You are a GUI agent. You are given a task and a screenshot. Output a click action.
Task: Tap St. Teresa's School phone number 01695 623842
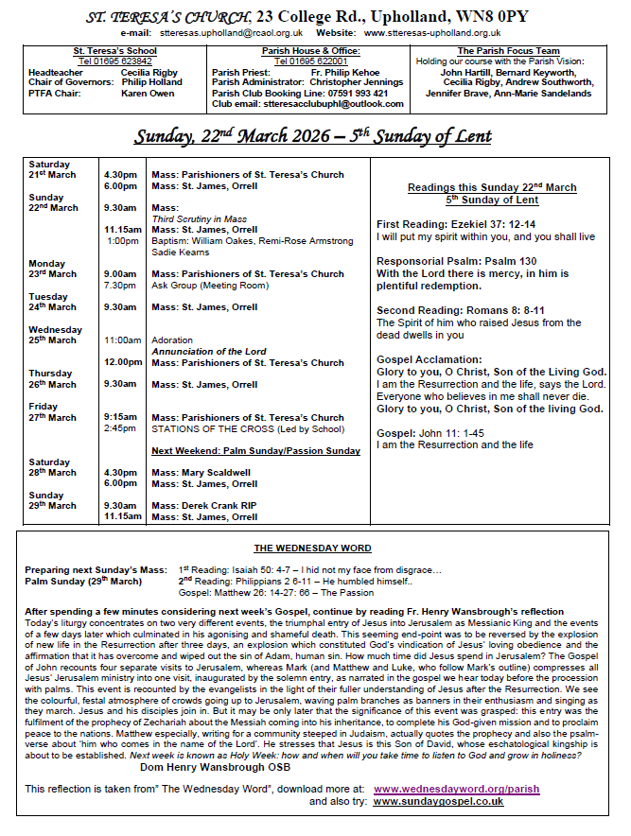116,61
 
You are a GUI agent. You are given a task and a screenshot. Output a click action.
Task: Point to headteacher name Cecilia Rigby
151,71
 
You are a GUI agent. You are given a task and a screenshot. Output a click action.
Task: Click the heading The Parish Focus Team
508,51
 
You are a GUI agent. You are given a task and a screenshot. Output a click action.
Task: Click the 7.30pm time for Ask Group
121,285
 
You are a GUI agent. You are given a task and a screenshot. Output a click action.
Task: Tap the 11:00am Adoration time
122,340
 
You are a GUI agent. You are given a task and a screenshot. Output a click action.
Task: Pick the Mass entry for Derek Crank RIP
203,505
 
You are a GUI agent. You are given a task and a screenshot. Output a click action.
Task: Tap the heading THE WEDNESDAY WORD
312,549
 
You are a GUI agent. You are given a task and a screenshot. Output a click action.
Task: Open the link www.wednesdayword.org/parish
456,788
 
